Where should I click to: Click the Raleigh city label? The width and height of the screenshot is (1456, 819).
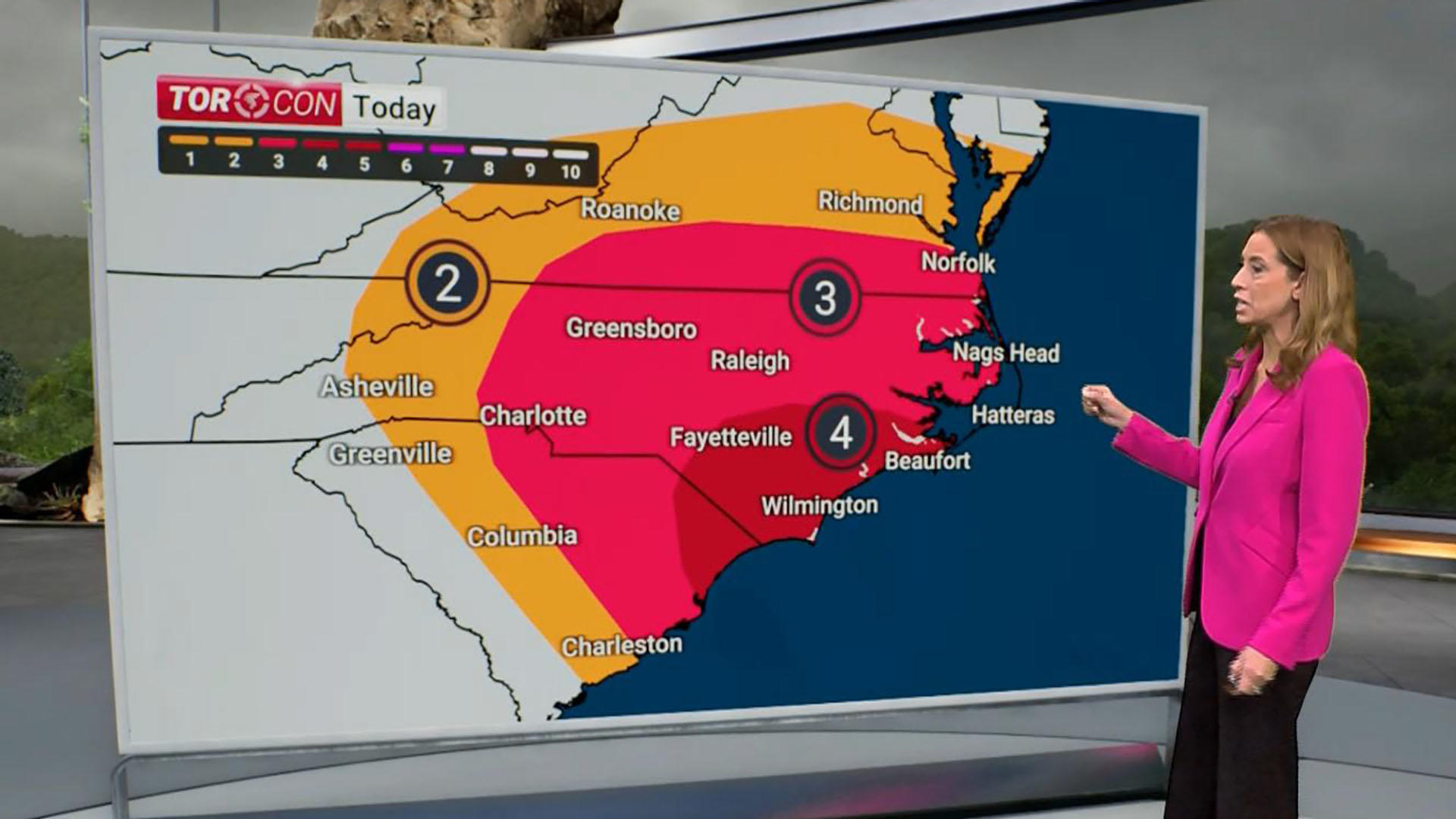pos(749,361)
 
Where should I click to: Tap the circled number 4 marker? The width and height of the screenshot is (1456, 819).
pos(840,432)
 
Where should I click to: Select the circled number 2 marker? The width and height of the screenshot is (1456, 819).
pos(447,284)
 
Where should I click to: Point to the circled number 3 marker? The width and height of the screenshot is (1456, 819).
pos(824,297)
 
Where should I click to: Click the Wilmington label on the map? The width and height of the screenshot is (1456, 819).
pos(819,506)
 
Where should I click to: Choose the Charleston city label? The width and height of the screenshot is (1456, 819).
pos(621,645)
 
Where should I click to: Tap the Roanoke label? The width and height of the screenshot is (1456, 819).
pos(630,210)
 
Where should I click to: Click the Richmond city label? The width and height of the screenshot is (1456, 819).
pos(870,202)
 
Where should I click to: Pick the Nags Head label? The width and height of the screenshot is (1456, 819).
pos(1006,353)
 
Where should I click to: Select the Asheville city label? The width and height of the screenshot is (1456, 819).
pos(377,387)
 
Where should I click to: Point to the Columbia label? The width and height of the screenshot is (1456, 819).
pos(522,536)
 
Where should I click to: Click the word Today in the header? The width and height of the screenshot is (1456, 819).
pos(394,108)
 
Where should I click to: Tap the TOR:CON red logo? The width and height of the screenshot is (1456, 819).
pos(249,101)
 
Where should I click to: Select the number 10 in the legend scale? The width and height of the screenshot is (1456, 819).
pos(570,171)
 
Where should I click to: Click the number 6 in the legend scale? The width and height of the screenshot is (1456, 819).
pos(406,167)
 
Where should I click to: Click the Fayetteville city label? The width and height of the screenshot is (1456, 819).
pos(730,437)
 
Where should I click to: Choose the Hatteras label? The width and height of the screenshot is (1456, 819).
pos(1013,415)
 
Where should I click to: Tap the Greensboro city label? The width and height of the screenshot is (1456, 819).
pos(631,328)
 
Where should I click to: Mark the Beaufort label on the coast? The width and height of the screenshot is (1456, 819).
pos(927,460)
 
